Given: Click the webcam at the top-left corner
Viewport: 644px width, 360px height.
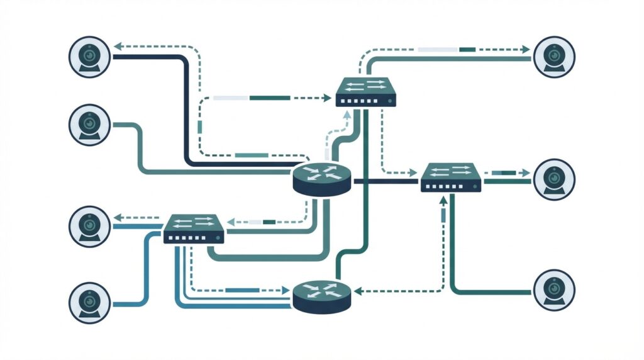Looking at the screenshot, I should coord(89,56).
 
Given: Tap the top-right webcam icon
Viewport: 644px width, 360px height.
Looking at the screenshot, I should coord(553,56).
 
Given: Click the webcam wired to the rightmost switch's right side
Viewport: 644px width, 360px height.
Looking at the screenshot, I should coord(553,179).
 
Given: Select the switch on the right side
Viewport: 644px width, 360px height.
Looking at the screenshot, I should coord(451,177).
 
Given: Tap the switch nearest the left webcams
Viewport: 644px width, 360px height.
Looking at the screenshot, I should coord(194,229).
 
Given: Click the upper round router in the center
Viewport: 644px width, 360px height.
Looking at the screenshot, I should coord(321,179).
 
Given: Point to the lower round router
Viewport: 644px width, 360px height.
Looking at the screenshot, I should coord(321,295).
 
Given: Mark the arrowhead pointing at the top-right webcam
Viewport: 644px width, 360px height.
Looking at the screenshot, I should coord(526,49).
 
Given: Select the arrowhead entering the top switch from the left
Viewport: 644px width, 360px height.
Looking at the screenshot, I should coord(328,98).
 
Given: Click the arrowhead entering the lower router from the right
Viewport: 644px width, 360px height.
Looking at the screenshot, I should coord(357,291).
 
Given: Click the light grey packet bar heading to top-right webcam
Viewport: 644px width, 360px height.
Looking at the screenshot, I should coord(437,49).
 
